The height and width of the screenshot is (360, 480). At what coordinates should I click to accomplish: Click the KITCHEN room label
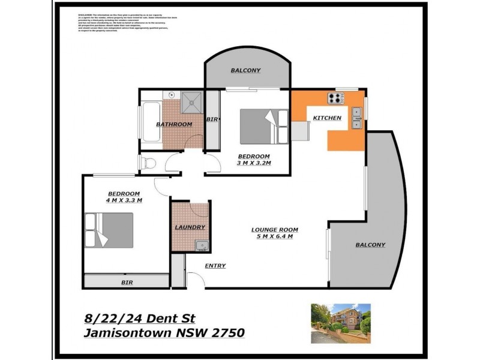coord(327,118)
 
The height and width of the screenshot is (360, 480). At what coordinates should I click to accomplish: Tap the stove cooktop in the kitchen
coord(333,98)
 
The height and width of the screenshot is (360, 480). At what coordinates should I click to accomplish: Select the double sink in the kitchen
coord(356,118)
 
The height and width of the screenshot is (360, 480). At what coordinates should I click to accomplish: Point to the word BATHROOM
coord(174,125)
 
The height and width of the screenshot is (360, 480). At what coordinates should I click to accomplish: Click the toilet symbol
coord(147,162)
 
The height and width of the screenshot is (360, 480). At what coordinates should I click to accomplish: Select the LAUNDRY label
coord(190,227)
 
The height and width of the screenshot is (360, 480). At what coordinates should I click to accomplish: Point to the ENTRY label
coord(215,266)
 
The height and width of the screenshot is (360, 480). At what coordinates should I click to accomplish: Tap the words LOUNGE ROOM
coord(275,230)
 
